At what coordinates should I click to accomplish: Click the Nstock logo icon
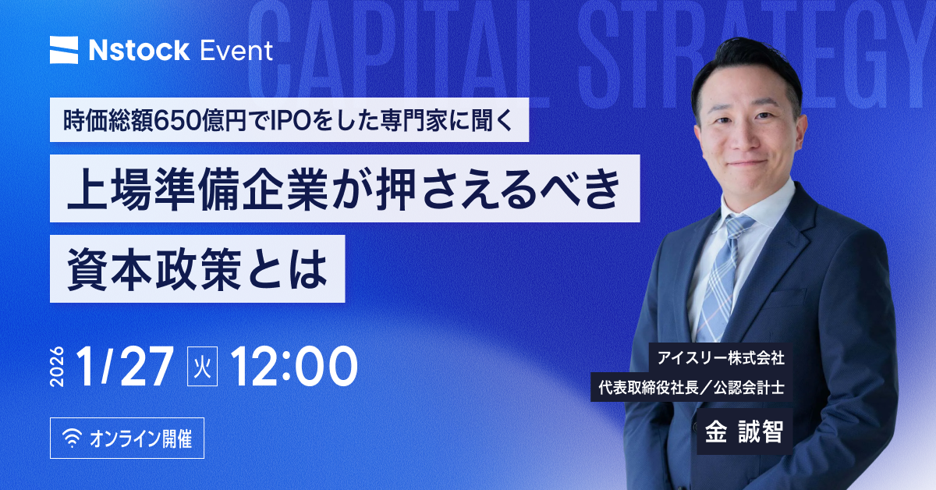[64, 50]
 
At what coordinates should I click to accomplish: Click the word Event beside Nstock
[236, 51]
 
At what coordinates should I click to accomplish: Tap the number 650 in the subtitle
[178, 120]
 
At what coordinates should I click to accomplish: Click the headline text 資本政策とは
[197, 269]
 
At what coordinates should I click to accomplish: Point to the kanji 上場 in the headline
[109, 189]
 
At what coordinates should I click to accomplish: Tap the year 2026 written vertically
[57, 366]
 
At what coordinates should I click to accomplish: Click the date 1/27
[125, 366]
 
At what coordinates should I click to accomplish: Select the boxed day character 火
[202, 366]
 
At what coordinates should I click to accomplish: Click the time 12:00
[294, 366]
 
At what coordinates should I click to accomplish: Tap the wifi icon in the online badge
[73, 439]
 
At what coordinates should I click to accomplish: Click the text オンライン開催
[141, 439]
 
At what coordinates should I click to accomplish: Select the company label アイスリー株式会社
[721, 358]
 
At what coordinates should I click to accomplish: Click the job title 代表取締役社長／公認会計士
[692, 388]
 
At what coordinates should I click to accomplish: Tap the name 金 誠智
[744, 431]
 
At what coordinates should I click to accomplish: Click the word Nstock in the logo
[140, 51]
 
